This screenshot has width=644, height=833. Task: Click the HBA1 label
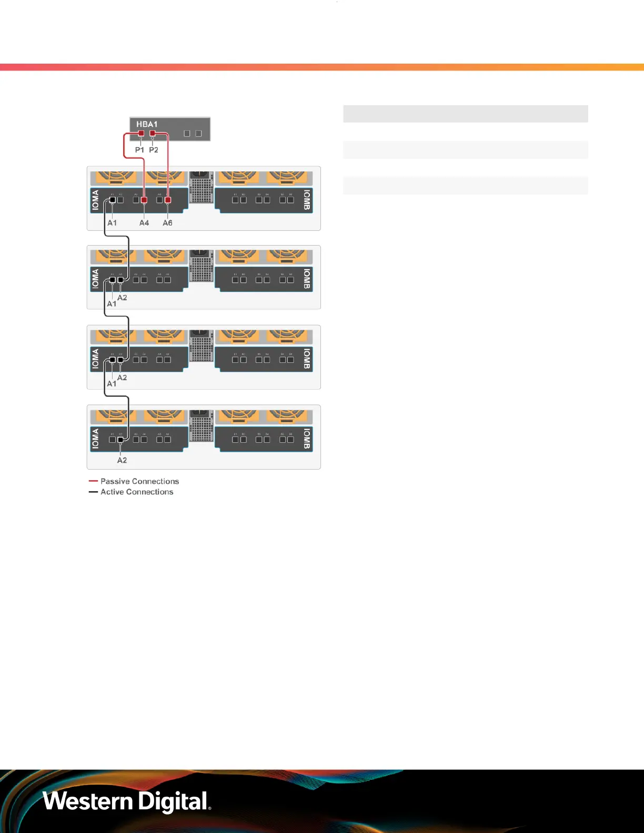(147, 124)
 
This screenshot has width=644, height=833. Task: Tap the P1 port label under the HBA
(139, 150)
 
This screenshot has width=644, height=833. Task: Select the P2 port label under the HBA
(154, 150)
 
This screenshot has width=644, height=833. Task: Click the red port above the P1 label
(141, 134)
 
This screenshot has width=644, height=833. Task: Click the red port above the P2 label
(153, 134)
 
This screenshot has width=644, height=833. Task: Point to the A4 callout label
(144, 223)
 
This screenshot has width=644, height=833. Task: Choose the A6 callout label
(167, 223)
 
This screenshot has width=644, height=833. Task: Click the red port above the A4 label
(144, 200)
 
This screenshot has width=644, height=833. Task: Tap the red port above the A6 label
(168, 200)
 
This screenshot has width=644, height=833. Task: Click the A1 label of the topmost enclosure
(112, 223)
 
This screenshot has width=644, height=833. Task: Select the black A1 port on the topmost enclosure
(112, 200)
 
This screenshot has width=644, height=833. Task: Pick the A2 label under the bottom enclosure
(122, 460)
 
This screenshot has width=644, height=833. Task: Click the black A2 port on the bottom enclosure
(120, 439)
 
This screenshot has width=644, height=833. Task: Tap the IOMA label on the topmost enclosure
(95, 200)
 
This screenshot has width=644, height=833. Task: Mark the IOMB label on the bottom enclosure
(307, 439)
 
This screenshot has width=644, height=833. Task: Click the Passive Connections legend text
(140, 481)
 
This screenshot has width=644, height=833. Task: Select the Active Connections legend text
(137, 492)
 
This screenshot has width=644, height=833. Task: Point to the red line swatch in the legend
(93, 481)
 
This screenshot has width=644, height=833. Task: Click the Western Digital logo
(127, 801)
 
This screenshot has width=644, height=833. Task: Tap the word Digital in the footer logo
(174, 801)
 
